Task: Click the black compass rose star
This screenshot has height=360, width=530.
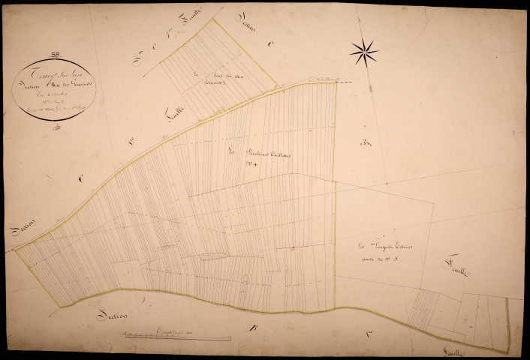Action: pyautogui.click(x=364, y=52)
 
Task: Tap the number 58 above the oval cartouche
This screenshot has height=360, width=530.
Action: pyautogui.click(x=55, y=53)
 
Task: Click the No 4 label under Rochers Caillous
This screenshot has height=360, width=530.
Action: pyautogui.click(x=253, y=170)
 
